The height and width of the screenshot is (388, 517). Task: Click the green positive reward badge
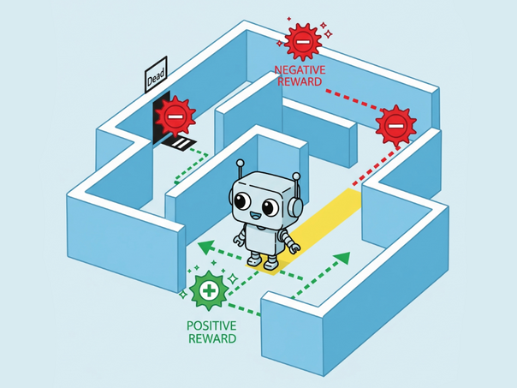(208, 290)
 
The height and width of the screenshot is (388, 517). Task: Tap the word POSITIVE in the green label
(211, 325)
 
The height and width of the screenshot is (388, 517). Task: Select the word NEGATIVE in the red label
(300, 70)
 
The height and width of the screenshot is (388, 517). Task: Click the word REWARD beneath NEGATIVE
(300, 81)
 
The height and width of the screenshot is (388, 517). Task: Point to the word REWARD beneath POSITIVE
(212, 338)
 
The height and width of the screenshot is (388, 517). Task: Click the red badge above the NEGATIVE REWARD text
(303, 42)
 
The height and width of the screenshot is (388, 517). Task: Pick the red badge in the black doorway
(175, 116)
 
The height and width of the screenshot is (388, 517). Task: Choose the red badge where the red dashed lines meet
(395, 126)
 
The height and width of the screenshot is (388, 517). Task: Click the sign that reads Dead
(156, 75)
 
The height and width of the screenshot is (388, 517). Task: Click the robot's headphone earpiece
(296, 206)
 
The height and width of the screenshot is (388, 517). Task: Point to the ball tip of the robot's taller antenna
(241, 163)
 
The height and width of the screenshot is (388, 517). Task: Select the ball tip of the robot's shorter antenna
(296, 176)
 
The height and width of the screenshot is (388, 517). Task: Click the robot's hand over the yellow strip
(294, 248)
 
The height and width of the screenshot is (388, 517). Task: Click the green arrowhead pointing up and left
(206, 248)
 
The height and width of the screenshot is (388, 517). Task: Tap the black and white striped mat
(178, 142)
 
